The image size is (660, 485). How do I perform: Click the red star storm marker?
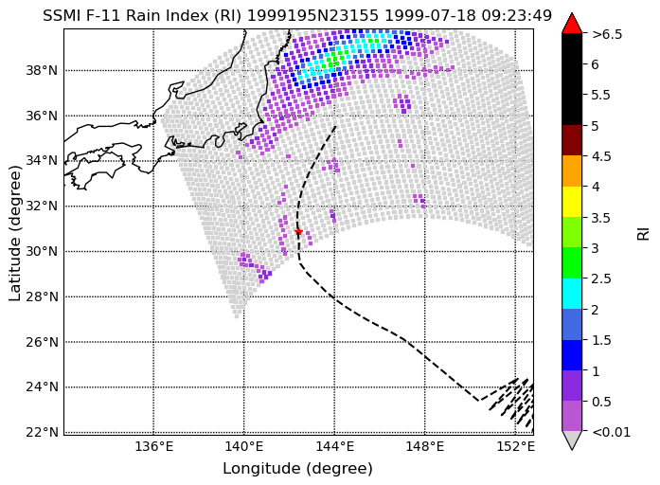(x=298, y=231)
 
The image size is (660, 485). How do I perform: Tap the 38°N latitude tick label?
(x=42, y=70)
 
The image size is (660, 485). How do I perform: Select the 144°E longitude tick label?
(x=334, y=446)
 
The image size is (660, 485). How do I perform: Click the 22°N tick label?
(x=42, y=432)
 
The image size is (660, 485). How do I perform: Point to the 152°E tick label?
(x=515, y=446)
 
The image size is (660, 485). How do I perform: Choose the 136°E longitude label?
(x=153, y=446)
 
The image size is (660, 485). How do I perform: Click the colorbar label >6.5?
(x=607, y=34)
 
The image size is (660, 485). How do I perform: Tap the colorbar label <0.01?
(x=611, y=432)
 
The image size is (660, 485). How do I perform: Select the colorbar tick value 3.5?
(x=601, y=218)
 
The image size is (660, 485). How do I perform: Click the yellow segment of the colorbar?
(x=572, y=202)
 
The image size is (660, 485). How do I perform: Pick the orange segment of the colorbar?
(x=572, y=171)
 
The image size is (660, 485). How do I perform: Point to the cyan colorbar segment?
(x=572, y=294)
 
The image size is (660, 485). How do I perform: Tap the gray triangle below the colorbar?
(x=572, y=439)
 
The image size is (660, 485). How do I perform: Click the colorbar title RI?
(x=644, y=234)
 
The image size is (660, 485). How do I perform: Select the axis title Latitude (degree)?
(x=15, y=233)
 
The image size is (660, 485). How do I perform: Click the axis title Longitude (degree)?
(x=297, y=468)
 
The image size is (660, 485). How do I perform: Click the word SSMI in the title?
(x=61, y=15)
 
